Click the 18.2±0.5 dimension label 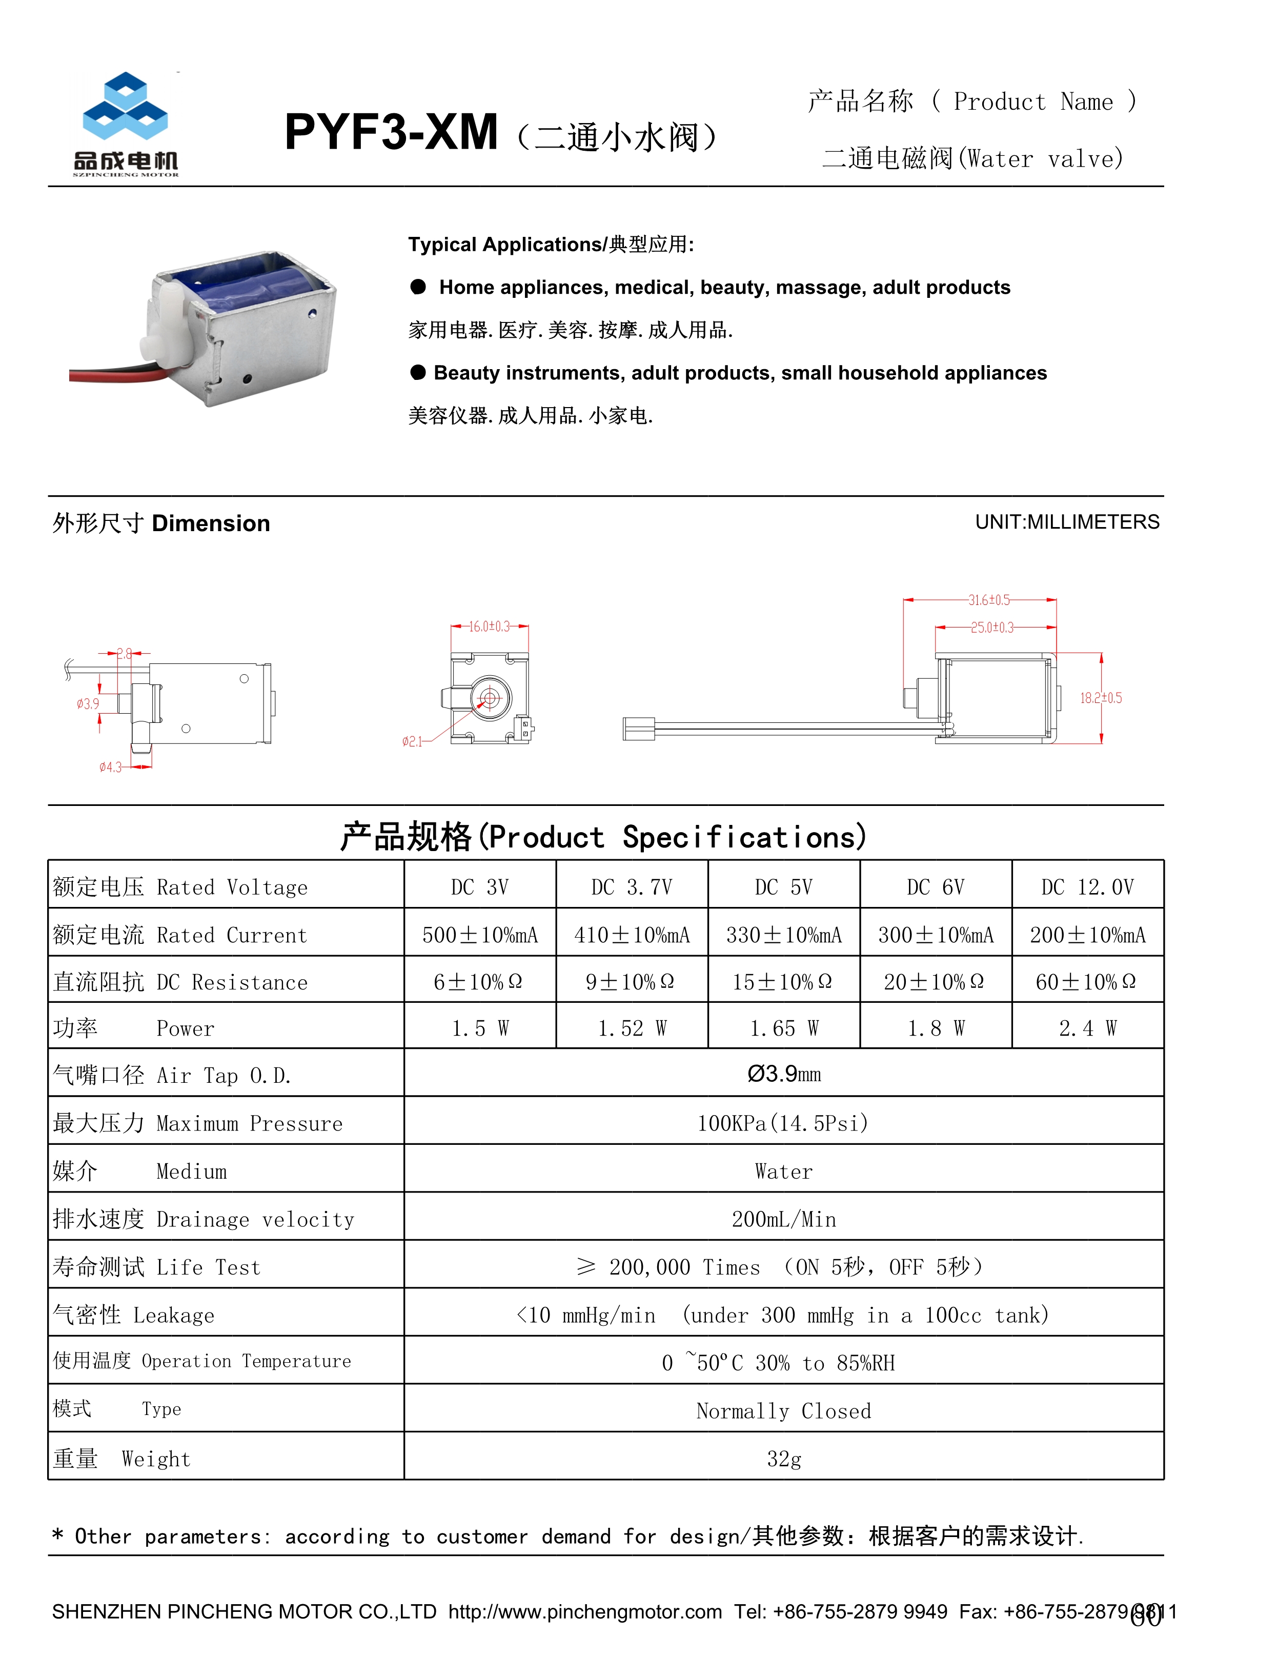pos(1100,698)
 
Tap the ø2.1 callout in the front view pos(412,741)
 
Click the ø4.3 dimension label pos(110,767)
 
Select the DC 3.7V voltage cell pos(632,887)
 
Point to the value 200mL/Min pos(783,1220)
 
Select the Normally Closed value pos(783,1411)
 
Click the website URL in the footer pos(584,1611)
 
